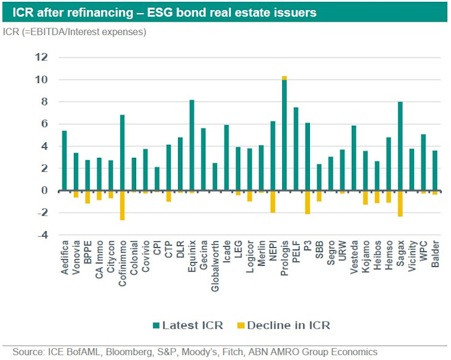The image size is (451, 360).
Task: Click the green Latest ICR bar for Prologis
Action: tap(284, 136)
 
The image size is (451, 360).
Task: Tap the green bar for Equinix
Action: tap(192, 145)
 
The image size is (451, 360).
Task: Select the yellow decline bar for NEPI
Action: tap(273, 202)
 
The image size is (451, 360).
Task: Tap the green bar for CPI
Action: tap(156, 179)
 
